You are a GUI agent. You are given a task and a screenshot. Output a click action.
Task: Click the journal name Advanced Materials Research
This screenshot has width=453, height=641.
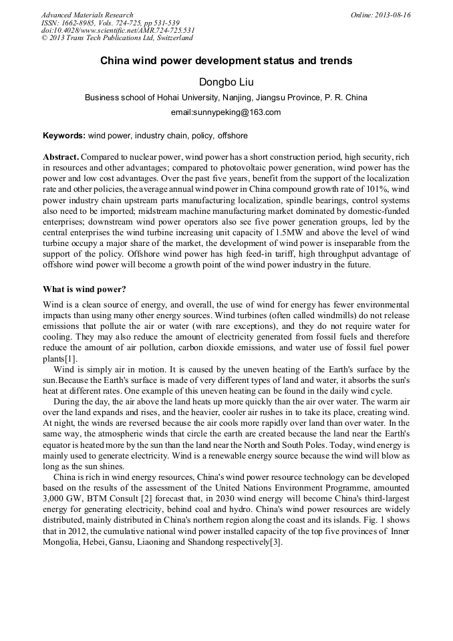coord(87,15)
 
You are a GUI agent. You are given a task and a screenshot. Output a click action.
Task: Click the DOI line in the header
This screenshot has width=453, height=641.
coord(118,31)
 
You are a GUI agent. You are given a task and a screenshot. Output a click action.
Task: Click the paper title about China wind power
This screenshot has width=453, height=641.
coord(226,61)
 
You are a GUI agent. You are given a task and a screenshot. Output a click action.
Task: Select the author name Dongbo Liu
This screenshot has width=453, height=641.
coord(226,82)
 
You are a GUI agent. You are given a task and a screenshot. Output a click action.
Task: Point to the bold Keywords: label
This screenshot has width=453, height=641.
coord(64,136)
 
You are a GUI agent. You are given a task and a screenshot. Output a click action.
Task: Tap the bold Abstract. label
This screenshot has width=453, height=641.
coord(61,156)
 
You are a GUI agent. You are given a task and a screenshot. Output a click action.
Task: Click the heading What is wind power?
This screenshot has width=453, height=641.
coord(84,289)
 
